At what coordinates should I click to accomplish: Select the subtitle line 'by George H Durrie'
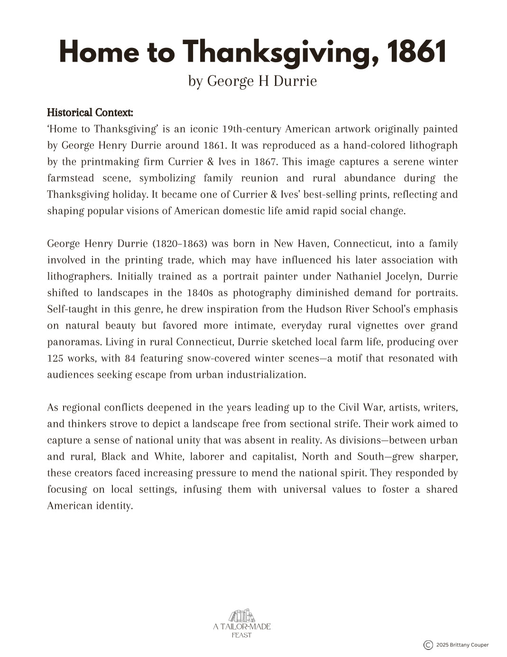[252, 81]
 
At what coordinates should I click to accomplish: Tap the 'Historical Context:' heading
[90, 113]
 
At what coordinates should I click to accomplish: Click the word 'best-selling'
[332, 195]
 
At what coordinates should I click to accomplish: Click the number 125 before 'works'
[55, 358]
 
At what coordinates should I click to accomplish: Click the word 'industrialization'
[266, 375]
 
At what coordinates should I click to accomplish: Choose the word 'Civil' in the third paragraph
[349, 408]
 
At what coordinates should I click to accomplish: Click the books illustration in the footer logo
[242, 616]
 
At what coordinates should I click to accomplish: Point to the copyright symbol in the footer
[428, 645]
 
